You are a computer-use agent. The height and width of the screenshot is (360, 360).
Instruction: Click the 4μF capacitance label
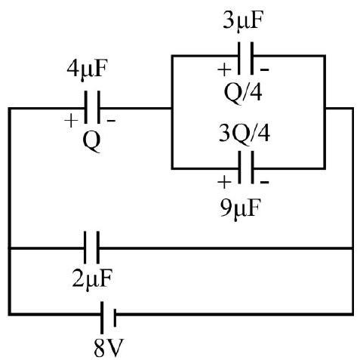point(87,69)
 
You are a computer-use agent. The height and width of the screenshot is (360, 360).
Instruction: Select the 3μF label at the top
point(243,21)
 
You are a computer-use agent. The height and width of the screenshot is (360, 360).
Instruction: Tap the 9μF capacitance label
point(240,209)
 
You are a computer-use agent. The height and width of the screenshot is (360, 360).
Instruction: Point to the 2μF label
point(92,279)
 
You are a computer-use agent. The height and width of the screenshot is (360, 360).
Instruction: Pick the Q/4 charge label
point(243,93)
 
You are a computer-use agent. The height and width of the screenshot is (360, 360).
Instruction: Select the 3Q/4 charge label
point(245,134)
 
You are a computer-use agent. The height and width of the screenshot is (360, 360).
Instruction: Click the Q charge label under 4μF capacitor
point(92,141)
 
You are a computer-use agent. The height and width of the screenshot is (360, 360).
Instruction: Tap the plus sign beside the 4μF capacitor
point(71,121)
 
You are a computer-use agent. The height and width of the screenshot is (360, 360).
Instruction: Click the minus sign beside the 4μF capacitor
point(112,121)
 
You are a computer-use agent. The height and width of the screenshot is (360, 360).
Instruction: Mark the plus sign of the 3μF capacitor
point(224,69)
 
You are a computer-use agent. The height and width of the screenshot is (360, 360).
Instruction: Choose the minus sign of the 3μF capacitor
point(264,69)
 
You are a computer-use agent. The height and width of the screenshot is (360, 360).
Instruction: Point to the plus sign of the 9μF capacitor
point(224,182)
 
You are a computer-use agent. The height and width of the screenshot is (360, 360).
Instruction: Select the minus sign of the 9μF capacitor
point(264,182)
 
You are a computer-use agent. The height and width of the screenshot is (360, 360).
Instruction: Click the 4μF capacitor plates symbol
point(92,107)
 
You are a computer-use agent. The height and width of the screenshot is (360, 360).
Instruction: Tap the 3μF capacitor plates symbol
point(245,58)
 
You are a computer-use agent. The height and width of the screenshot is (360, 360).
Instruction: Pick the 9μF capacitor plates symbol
point(245,168)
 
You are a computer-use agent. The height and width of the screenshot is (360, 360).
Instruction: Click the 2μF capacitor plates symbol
point(91,248)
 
